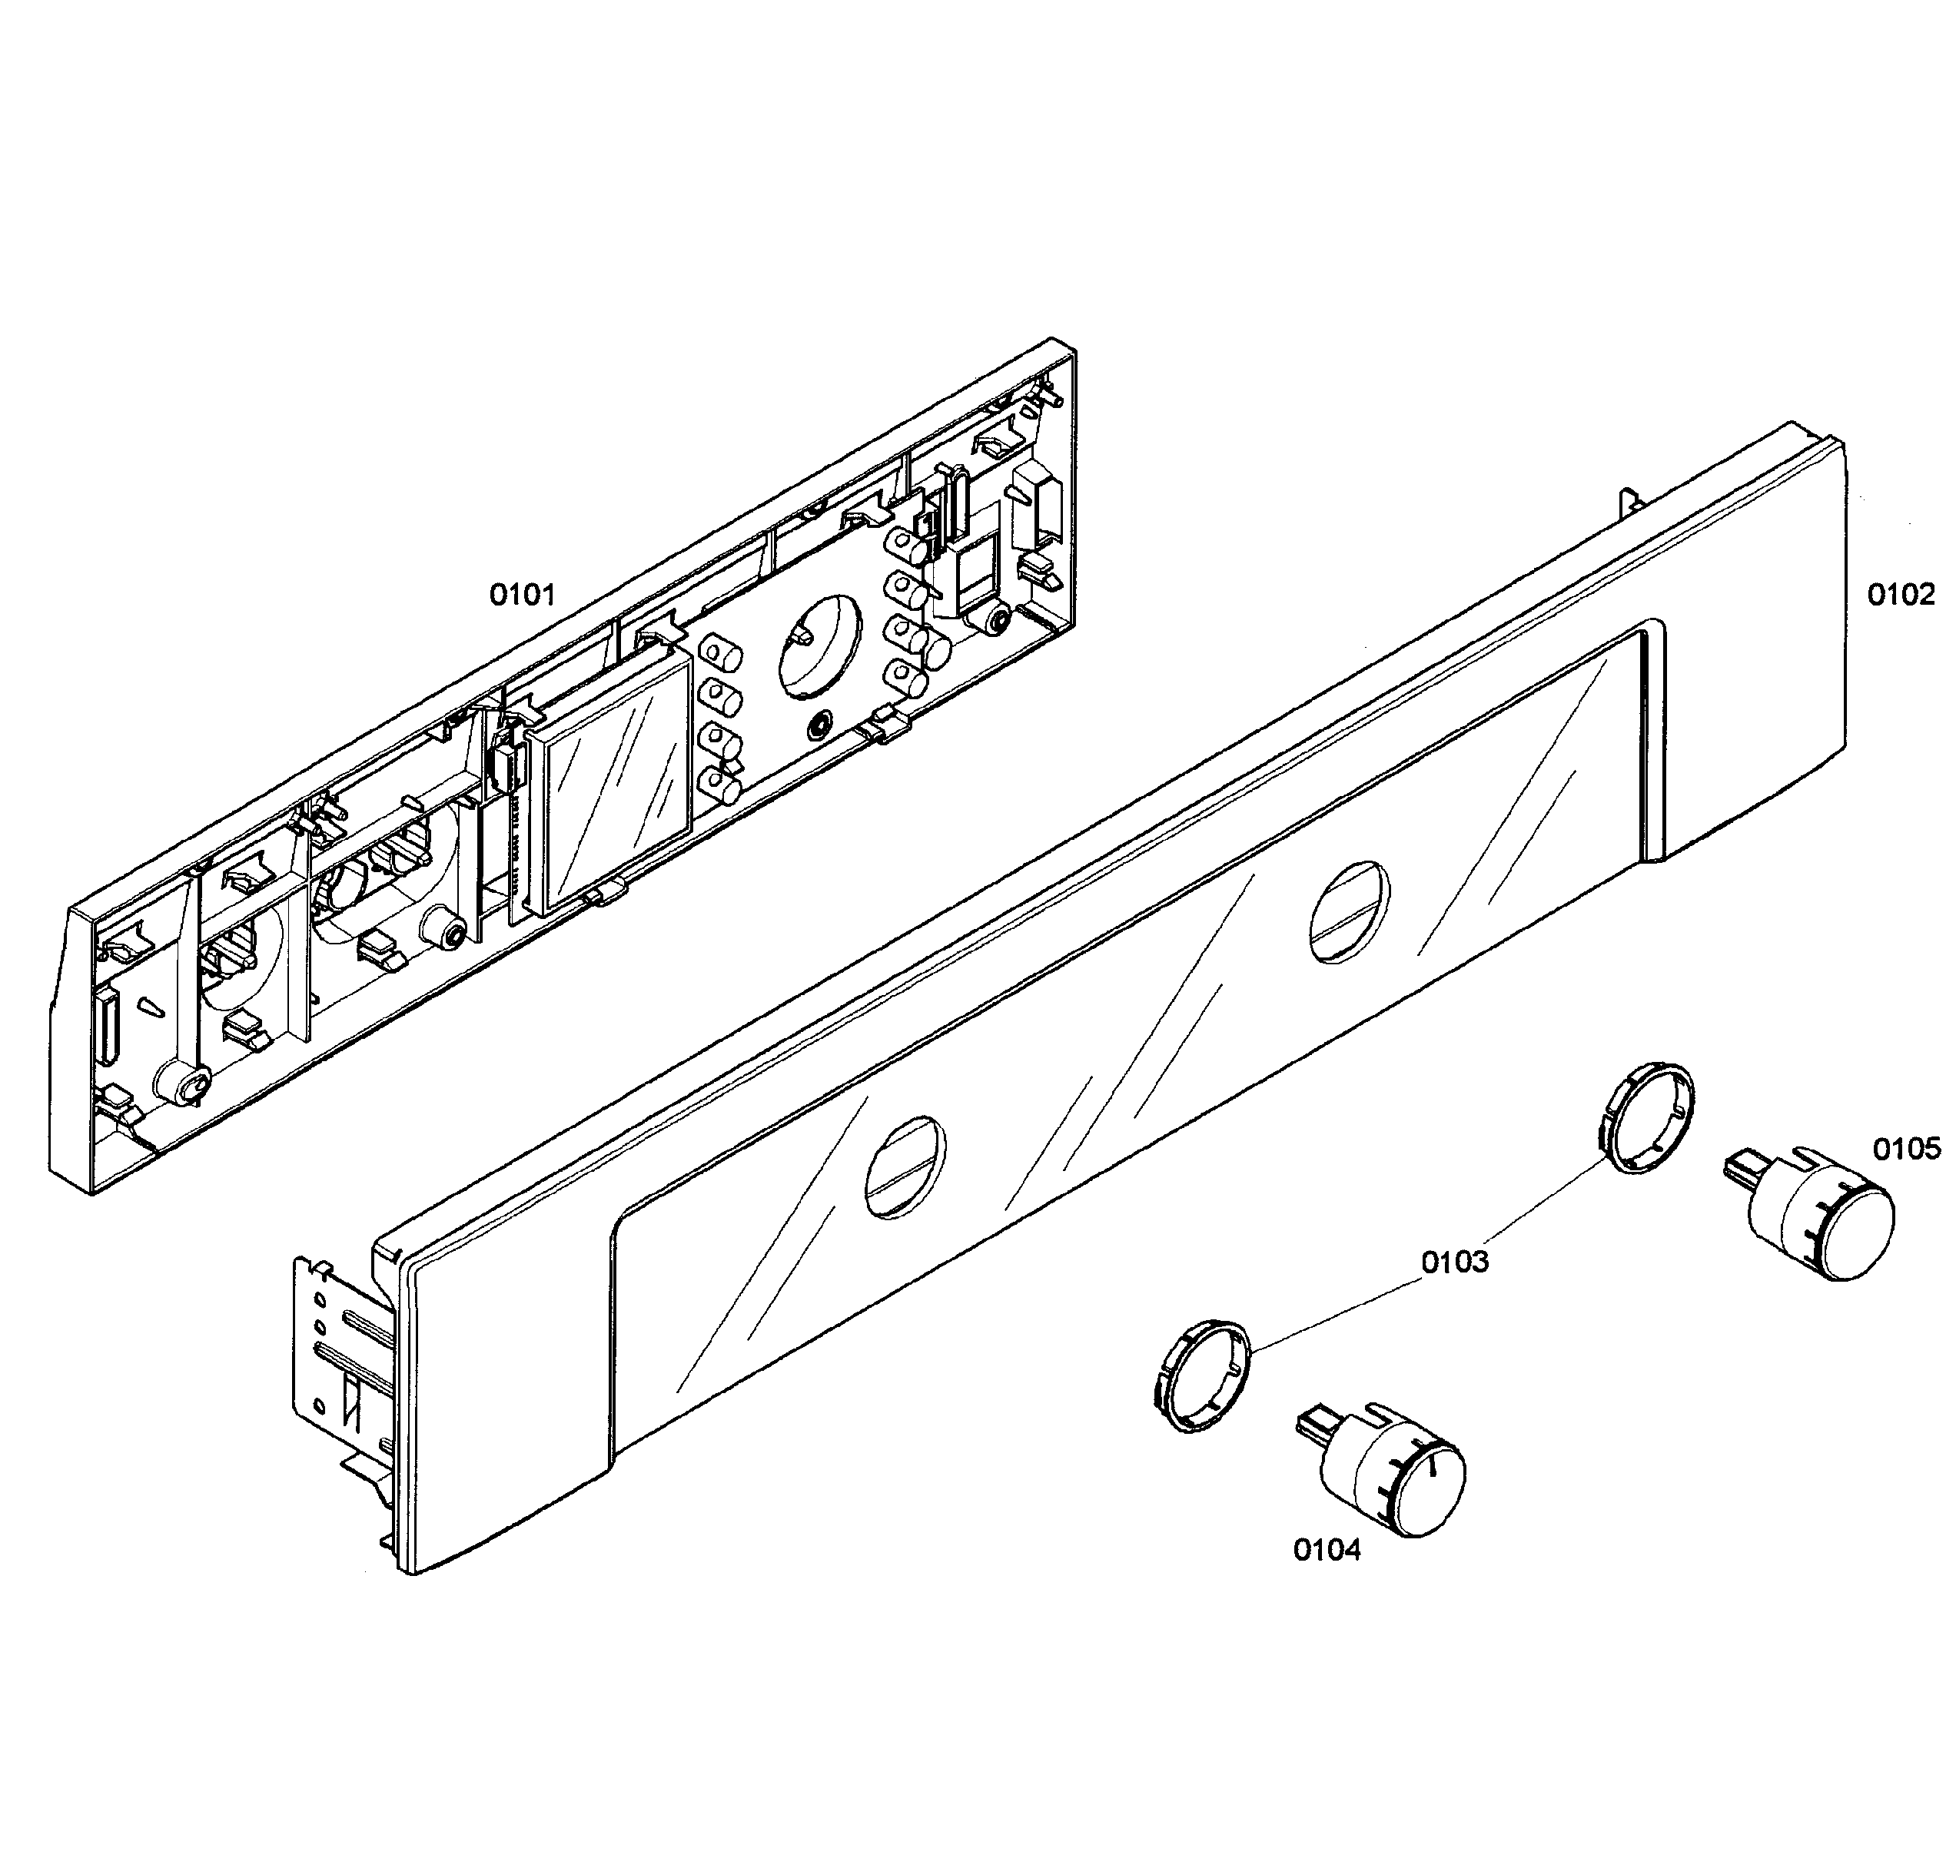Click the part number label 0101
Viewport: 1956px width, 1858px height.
click(522, 596)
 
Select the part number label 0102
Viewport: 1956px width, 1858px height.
click(1901, 596)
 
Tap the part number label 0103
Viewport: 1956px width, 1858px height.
click(1455, 1262)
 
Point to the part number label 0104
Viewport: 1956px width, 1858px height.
click(1327, 1550)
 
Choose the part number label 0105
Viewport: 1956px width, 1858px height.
click(1907, 1149)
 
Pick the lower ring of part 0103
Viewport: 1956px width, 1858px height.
click(1202, 1375)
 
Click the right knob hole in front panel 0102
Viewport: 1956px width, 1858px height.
click(1349, 912)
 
